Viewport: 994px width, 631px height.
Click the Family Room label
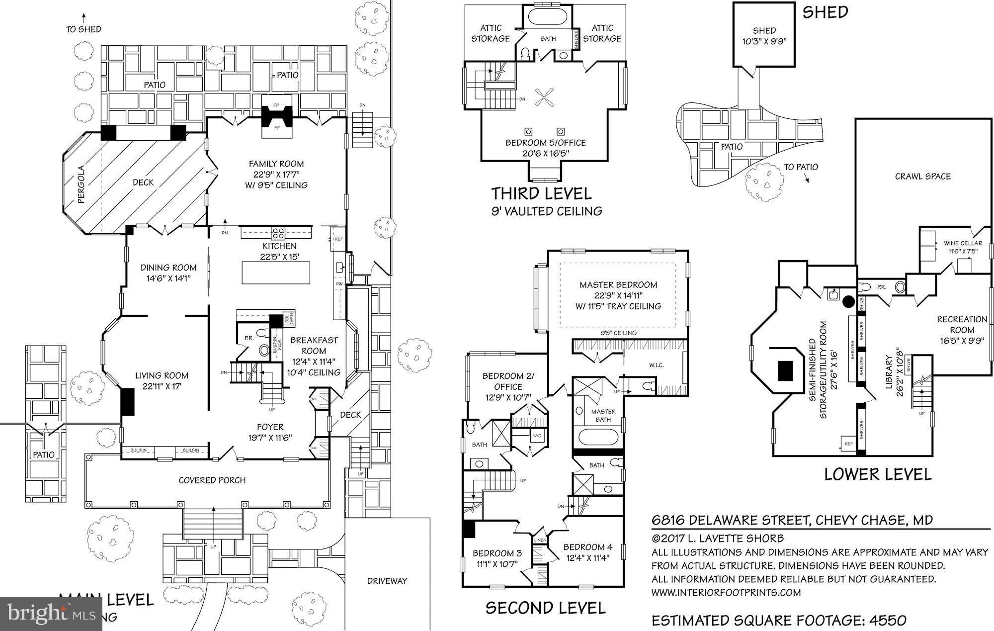(x=276, y=164)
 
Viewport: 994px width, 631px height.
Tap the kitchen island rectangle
(x=276, y=272)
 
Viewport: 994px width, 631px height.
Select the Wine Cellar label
(x=963, y=243)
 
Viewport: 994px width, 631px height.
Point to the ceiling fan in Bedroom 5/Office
(x=545, y=97)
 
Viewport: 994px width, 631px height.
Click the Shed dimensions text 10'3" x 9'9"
(x=764, y=42)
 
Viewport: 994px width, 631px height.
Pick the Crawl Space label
(x=922, y=177)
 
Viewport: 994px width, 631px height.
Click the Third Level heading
(x=541, y=193)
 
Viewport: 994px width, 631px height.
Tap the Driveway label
(x=387, y=581)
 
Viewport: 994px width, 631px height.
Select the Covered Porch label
(x=212, y=480)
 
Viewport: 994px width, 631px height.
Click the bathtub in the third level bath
(x=548, y=16)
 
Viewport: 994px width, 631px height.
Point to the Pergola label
(x=82, y=184)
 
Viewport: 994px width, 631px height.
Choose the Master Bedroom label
(x=618, y=285)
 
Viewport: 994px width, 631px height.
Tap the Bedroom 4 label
(x=587, y=547)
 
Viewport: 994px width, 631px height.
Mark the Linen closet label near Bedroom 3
(x=540, y=540)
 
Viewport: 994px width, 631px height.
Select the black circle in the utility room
(x=848, y=301)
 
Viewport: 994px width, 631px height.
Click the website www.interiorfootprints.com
(x=726, y=593)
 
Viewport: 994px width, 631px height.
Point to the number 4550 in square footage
(x=888, y=620)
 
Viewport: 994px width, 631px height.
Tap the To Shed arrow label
(x=83, y=29)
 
